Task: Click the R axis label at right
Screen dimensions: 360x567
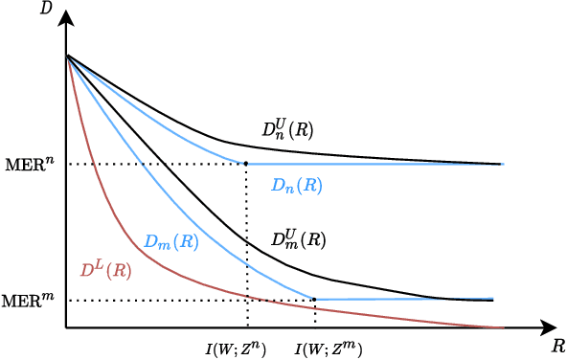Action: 558,344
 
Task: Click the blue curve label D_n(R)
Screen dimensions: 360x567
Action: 296,186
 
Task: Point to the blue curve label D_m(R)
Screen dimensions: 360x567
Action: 171,242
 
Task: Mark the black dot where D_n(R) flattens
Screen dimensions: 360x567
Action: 246,164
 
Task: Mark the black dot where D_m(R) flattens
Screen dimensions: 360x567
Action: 315,300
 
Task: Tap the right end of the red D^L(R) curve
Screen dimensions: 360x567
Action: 503,327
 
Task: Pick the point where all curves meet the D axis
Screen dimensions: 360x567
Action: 67,56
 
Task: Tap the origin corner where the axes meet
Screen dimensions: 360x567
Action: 66,327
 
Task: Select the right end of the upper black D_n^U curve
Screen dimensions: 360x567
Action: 501,164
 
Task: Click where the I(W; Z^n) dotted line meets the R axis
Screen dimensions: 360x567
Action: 247,327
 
